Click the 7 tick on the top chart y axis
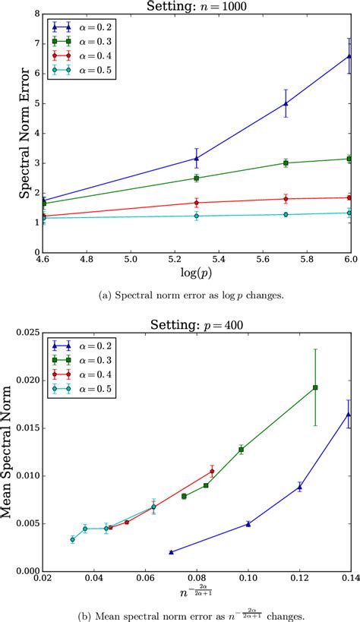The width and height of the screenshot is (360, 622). (33, 43)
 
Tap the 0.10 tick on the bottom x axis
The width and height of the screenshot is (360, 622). (248, 579)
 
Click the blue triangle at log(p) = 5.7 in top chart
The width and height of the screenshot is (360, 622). (286, 103)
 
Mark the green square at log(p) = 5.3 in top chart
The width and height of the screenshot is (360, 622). (197, 178)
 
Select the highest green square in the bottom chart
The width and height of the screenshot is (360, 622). (315, 387)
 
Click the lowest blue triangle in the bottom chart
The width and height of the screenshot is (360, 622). (171, 552)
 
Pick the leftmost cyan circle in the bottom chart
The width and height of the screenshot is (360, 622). (73, 540)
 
